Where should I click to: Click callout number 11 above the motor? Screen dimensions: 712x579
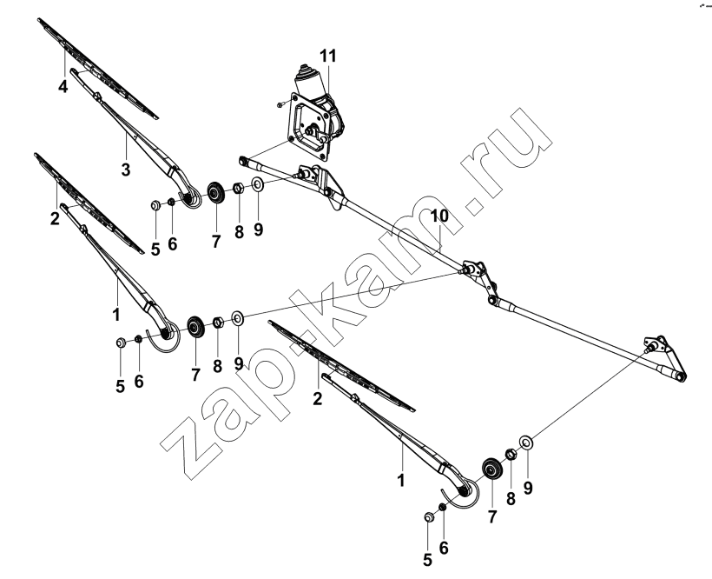point(328,56)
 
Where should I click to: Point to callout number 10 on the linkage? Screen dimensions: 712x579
point(439,216)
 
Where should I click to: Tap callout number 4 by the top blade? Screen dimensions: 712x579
point(63,86)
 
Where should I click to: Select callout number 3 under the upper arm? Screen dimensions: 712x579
point(126,170)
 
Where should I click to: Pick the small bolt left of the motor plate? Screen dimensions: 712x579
point(280,104)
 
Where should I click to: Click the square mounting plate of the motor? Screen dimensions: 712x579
point(310,127)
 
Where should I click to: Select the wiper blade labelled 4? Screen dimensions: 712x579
point(98,68)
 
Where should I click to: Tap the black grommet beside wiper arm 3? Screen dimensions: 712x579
point(215,193)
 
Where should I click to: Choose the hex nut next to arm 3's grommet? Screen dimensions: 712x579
point(239,188)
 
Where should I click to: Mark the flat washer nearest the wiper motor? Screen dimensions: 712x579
point(258,184)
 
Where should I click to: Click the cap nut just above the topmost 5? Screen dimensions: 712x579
point(155,205)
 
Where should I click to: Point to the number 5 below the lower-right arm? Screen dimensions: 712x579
point(427,560)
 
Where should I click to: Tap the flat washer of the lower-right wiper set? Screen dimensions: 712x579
point(526,442)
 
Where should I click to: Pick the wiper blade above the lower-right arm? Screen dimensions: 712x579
point(341,365)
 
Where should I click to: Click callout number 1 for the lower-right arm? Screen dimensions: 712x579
point(401,481)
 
